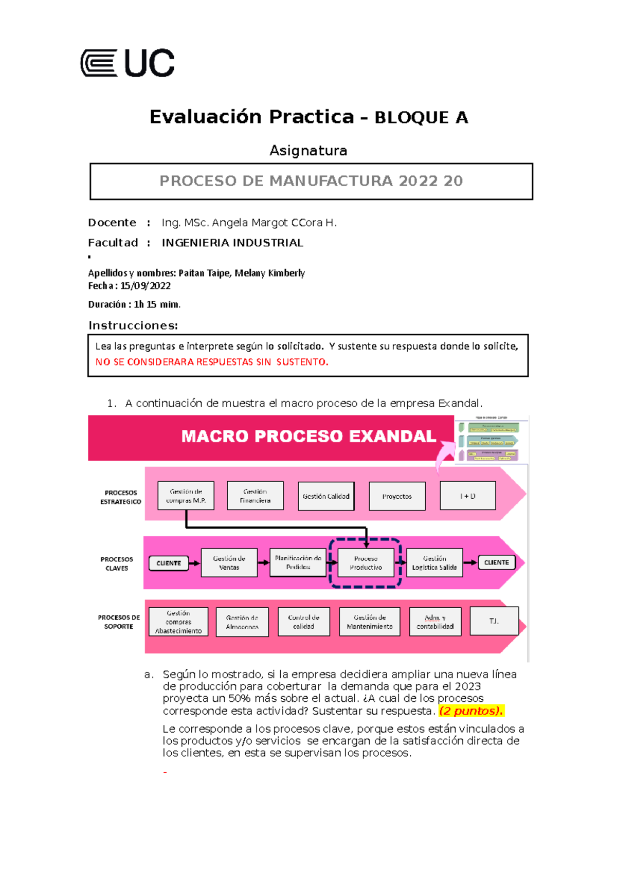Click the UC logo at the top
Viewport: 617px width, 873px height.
tap(128, 63)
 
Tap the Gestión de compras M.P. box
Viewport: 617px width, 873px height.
tap(186, 496)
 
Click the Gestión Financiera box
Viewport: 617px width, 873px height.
tap(255, 496)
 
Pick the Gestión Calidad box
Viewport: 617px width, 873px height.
tap(326, 496)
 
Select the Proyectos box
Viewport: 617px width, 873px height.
tap(397, 496)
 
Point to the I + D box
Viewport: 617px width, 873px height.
tap(467, 496)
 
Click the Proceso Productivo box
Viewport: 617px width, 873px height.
tap(366, 563)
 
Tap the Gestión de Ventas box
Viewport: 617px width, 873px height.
tap(229, 563)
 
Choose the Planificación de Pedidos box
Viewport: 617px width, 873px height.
tap(298, 562)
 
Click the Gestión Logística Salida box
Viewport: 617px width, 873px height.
tap(434, 563)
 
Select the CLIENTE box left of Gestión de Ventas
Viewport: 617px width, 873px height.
tap(169, 563)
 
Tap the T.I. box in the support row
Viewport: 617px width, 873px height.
tap(494, 621)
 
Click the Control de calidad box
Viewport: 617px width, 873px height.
tap(303, 622)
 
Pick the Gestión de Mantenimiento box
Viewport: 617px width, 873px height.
tap(369, 622)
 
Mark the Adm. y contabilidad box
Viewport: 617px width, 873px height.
tap(435, 622)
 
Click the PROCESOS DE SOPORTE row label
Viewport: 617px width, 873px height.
tap(119, 622)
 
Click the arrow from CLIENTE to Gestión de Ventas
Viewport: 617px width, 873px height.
tap(194, 563)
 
